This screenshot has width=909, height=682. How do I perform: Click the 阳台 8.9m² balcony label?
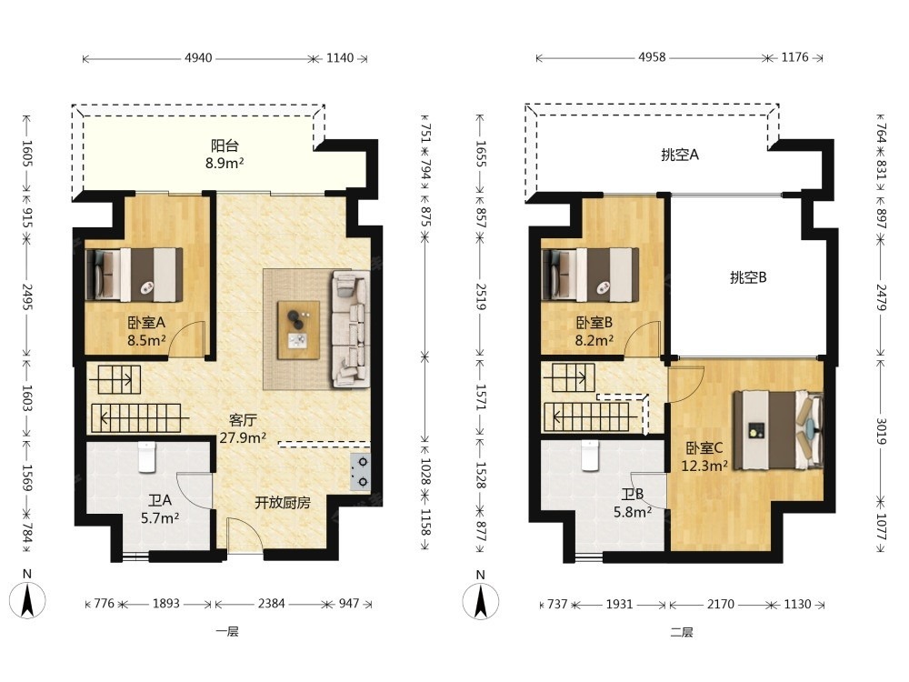[225, 155]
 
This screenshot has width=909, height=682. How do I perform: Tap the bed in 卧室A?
[134, 275]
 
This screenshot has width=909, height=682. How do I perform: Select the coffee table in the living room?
[298, 330]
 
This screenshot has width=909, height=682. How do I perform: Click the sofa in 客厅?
[351, 328]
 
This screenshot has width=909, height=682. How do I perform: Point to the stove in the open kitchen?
[360, 471]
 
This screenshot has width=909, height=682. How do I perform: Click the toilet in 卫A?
[147, 457]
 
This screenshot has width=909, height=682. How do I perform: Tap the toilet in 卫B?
[590, 456]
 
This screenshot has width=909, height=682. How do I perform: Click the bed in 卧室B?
[590, 275]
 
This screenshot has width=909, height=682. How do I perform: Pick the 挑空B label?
[748, 277]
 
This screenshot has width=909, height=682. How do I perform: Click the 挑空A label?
[680, 155]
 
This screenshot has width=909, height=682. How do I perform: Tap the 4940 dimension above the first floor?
[198, 58]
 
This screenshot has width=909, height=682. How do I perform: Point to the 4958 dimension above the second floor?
[652, 57]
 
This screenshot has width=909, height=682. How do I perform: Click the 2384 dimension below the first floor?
[271, 604]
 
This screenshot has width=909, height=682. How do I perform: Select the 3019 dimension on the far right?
[881, 431]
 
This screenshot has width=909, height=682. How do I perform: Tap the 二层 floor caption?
[682, 632]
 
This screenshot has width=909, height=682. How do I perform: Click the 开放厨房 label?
[283, 503]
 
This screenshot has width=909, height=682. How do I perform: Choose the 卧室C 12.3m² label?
[704, 456]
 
